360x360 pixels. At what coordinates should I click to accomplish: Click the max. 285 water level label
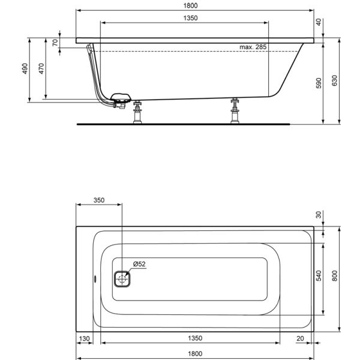click(253, 47)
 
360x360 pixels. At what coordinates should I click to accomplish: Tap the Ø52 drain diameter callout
click(139, 264)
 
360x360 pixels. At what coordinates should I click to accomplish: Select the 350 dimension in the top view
click(99, 200)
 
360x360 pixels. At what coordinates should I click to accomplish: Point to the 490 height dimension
click(25, 68)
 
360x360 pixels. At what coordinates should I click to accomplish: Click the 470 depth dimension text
click(41, 68)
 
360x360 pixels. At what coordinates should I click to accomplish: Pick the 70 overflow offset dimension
click(55, 43)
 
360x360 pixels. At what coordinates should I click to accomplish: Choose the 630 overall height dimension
click(335, 80)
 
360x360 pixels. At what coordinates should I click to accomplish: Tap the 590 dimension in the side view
click(319, 83)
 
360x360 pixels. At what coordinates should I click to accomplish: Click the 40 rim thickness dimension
click(319, 22)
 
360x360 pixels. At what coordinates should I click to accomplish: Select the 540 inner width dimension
click(319, 276)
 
